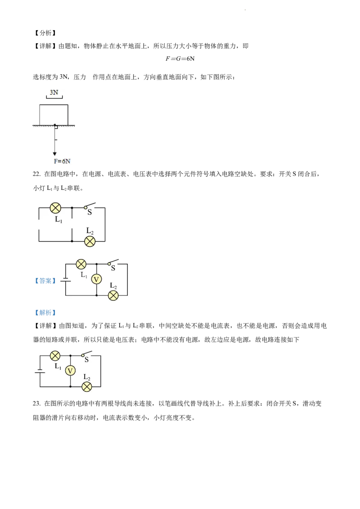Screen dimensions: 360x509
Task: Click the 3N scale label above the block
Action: [54, 93]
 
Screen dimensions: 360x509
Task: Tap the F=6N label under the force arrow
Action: [62, 161]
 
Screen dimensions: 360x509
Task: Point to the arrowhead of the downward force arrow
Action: [55, 153]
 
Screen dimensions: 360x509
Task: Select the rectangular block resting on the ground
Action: [54, 115]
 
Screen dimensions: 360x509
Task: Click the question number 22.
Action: [36, 174]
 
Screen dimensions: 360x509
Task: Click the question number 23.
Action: [36, 403]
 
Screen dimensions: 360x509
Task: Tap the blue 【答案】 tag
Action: [45, 281]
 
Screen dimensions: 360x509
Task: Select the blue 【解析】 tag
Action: [45, 313]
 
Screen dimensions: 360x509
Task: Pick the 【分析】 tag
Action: [45, 33]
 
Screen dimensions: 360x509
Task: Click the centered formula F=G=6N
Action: [180, 59]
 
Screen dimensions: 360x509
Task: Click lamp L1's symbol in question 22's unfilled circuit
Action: [55, 208]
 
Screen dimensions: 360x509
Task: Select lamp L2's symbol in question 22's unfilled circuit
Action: [90, 241]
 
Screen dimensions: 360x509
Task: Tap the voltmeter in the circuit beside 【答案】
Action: [96, 279]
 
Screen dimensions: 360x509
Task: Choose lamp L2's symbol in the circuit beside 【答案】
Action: [113, 295]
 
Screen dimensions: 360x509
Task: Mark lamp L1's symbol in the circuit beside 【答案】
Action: [81, 264]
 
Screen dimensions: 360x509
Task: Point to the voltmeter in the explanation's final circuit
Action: [70, 371]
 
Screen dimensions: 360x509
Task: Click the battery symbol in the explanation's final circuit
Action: [40, 371]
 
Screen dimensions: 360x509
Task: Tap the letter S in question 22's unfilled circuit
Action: [90, 212]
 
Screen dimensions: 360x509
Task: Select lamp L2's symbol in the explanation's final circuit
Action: [87, 387]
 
